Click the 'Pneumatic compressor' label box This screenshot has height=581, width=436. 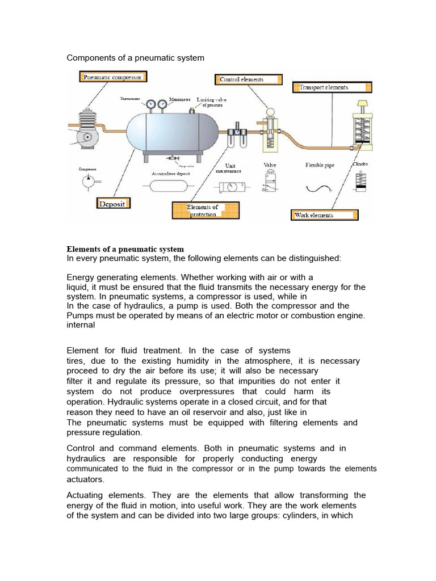[112, 77]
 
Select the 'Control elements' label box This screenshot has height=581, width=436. [247, 80]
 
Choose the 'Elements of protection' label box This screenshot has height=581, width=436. [205, 210]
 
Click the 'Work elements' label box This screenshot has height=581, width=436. [325, 215]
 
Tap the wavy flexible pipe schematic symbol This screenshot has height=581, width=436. [318, 188]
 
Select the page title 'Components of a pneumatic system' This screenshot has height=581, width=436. [136, 58]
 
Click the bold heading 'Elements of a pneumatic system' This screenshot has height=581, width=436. [125, 249]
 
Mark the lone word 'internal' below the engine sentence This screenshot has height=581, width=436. [80, 326]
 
